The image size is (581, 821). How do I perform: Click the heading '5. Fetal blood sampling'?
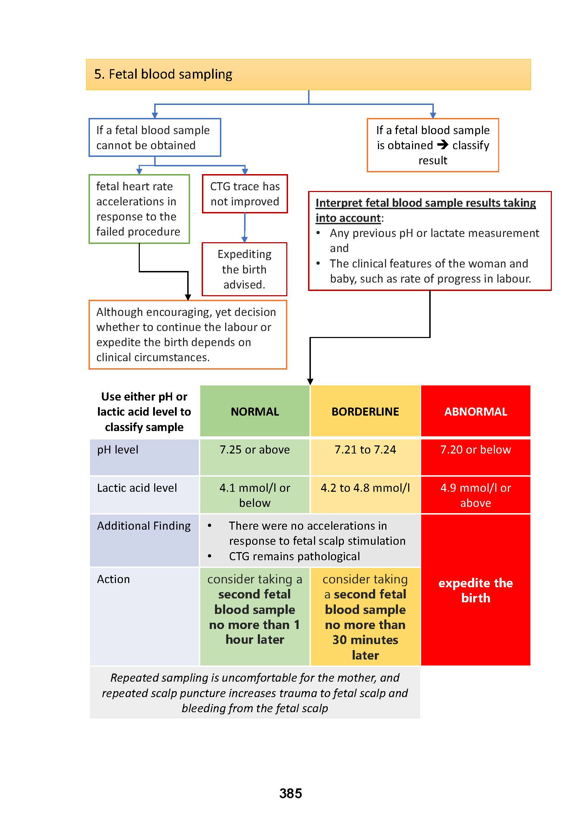point(163,74)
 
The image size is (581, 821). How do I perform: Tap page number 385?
point(290,793)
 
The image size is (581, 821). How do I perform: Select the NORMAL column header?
point(255,412)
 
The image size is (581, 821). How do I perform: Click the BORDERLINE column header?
point(365,412)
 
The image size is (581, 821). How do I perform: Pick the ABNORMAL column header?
point(476,412)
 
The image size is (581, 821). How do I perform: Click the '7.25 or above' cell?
point(255,450)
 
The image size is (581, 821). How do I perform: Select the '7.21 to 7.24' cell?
point(365,450)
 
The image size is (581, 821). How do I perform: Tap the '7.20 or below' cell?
point(476,450)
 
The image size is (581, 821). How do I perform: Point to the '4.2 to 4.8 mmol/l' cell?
point(365,488)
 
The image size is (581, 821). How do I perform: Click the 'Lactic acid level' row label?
point(137,488)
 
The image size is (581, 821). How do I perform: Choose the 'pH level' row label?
point(118,450)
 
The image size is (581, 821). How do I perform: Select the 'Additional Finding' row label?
point(144,526)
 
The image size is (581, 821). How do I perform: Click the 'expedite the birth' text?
point(476,590)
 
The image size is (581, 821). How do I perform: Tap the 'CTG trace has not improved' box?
point(245,194)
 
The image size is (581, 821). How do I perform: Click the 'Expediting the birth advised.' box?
point(244,269)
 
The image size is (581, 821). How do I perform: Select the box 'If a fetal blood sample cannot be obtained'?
point(155,138)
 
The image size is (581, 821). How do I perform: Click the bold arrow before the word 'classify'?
point(443,145)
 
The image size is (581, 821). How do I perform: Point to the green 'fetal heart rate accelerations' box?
point(139,209)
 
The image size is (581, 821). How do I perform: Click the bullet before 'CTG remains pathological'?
point(210,556)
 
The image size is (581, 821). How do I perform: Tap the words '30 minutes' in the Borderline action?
point(365,640)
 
